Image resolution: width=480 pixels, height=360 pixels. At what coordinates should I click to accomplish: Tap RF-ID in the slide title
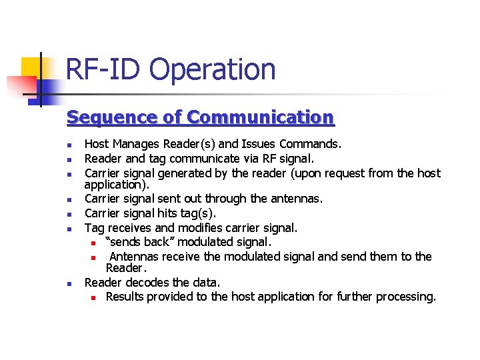coord(104,69)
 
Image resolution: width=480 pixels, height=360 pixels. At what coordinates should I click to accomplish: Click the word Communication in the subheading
coord(261,118)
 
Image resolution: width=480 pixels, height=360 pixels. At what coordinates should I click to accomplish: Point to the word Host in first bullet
coord(97,144)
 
